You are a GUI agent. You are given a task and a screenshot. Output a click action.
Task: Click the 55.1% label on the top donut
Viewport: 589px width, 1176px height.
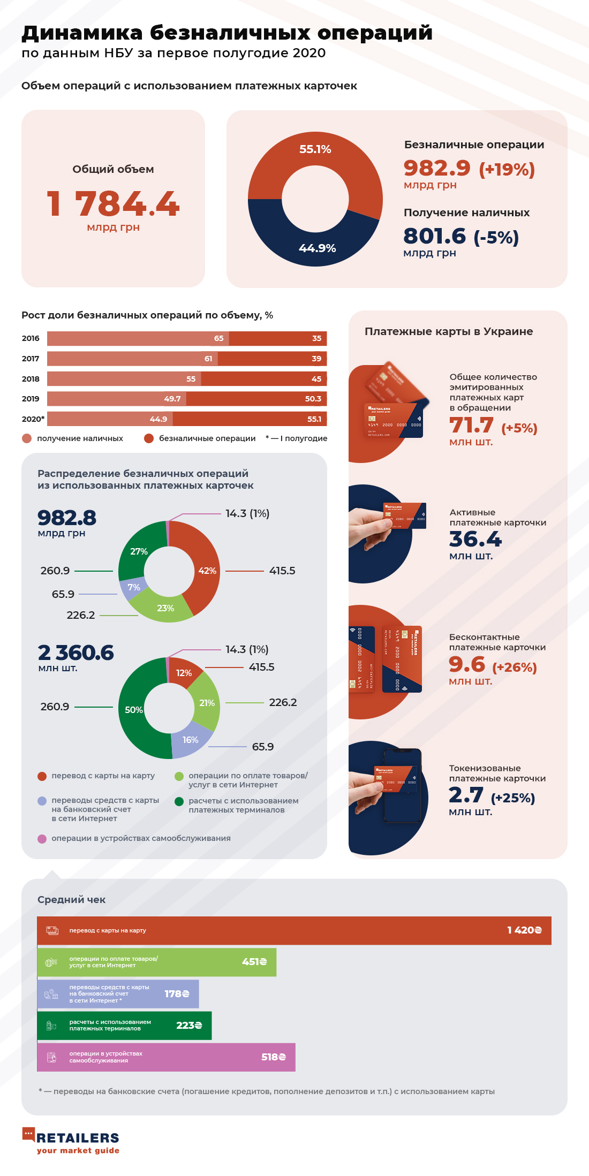[x=315, y=149]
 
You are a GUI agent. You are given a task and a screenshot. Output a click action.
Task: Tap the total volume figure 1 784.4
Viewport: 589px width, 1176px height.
[x=113, y=204]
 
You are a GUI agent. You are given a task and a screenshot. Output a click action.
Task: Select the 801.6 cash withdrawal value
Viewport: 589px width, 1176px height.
[x=435, y=236]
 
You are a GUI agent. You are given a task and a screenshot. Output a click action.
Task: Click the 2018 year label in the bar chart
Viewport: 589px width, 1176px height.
[x=31, y=379]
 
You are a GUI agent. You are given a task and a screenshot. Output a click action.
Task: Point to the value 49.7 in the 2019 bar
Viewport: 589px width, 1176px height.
[x=172, y=399]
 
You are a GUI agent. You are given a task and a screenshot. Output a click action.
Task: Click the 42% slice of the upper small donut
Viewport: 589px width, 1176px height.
[x=207, y=571]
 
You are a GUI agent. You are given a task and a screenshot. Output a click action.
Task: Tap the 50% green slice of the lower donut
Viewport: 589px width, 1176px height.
[x=133, y=710]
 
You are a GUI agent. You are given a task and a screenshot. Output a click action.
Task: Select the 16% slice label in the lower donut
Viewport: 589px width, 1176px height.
[x=190, y=740]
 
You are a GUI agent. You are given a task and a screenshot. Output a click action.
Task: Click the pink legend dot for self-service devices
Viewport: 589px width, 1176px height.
[x=42, y=839]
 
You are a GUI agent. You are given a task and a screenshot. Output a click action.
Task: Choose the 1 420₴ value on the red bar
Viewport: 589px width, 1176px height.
[x=524, y=930]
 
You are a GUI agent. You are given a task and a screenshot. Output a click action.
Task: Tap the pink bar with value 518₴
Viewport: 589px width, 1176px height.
[x=166, y=1057]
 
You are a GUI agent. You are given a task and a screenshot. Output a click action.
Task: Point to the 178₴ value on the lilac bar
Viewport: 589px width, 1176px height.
[x=177, y=993]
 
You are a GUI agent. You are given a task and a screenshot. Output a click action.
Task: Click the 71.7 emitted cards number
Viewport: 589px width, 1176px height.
[x=471, y=426]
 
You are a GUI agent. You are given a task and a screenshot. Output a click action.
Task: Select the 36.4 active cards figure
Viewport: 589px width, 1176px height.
[x=475, y=539]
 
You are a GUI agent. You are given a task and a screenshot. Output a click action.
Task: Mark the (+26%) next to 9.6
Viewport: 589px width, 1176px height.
[x=514, y=667]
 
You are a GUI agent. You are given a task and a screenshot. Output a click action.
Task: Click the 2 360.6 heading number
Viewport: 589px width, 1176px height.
[x=75, y=653]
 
